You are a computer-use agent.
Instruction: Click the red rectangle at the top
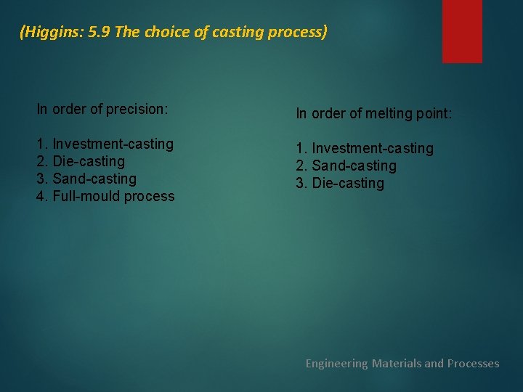coord(462,30)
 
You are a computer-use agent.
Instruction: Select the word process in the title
coord(300,33)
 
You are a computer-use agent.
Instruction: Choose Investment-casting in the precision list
coord(113,144)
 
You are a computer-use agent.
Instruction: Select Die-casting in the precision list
coord(89,161)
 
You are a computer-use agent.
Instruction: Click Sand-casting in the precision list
coord(94,179)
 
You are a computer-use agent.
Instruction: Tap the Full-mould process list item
coord(113,196)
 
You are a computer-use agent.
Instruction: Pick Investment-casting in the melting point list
coord(372,148)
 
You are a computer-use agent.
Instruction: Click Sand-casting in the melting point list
coord(354,166)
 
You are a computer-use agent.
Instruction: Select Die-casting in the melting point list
coord(348,183)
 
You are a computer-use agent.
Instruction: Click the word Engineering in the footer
coord(336,363)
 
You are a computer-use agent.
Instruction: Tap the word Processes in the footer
coord(473,363)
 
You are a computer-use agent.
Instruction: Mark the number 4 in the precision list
coord(41,196)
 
